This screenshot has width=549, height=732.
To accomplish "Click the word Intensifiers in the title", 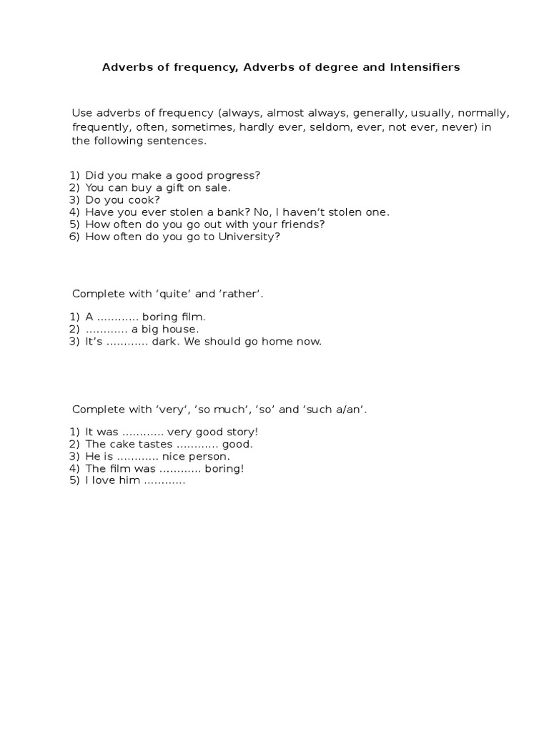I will click(425, 67).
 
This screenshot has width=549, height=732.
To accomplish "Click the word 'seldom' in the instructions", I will click(353, 127).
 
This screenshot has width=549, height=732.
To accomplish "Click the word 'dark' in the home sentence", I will click(167, 341).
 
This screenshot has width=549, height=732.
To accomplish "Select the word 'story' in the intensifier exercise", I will click(242, 432).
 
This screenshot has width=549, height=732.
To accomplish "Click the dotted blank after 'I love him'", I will click(165, 480).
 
